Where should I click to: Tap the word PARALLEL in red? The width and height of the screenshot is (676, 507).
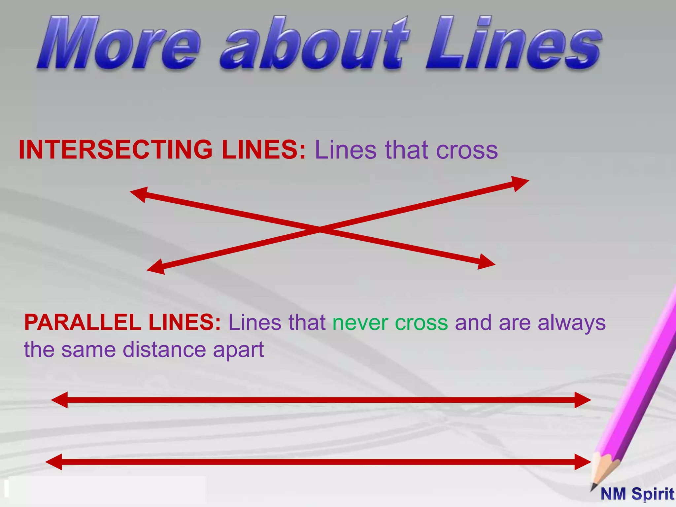(x=83, y=322)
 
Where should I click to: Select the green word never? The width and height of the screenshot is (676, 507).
(x=360, y=322)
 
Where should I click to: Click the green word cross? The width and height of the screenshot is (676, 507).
(x=422, y=322)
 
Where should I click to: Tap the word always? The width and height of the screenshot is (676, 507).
(x=572, y=322)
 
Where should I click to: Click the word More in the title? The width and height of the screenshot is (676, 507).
(x=119, y=43)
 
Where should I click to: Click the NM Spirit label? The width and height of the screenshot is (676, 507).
(x=637, y=494)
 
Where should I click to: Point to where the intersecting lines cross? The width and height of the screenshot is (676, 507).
(x=320, y=228)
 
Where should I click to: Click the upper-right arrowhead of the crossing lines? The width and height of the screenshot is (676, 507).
(x=520, y=183)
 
